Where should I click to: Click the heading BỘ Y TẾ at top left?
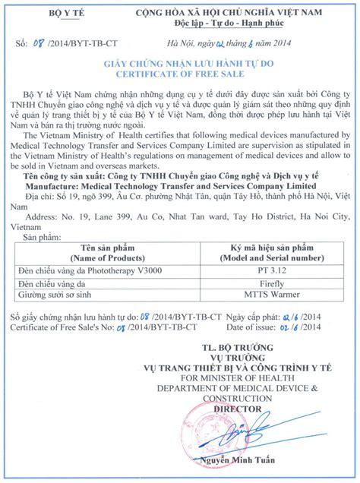coord(54,14)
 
